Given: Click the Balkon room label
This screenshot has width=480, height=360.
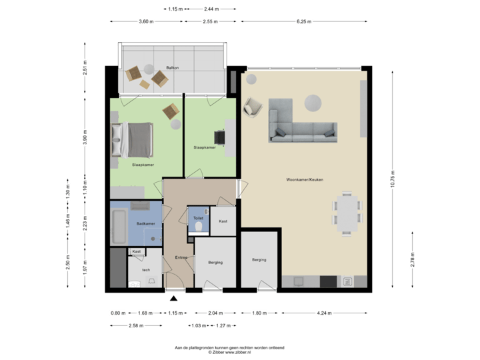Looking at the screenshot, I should tap(173, 68).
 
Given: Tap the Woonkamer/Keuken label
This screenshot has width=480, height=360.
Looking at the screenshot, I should tap(305, 180).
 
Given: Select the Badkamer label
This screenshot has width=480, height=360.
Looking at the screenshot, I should tap(146, 224).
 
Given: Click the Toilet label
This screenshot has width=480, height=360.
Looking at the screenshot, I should tap(198, 218).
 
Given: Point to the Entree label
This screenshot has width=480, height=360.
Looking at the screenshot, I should tap(181, 257).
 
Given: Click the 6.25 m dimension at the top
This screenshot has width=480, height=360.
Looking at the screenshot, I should tap(301, 21).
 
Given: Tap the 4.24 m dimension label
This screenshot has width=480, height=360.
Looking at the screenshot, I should tap(325, 313).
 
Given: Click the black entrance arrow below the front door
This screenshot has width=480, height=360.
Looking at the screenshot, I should tap(174, 299).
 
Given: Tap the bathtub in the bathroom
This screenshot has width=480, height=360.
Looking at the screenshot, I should tap(120, 227).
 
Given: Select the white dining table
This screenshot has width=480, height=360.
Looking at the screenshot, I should tap(347, 212).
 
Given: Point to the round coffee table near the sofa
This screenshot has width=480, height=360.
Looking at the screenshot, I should tap(313, 102).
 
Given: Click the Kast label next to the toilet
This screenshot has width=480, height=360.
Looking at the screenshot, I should tap(223, 221).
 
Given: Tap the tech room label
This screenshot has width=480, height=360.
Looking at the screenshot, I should tap(146, 269).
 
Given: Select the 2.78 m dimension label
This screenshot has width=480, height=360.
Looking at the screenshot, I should tap(413, 260).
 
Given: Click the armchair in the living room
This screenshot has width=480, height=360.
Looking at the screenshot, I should tap(253, 106).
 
